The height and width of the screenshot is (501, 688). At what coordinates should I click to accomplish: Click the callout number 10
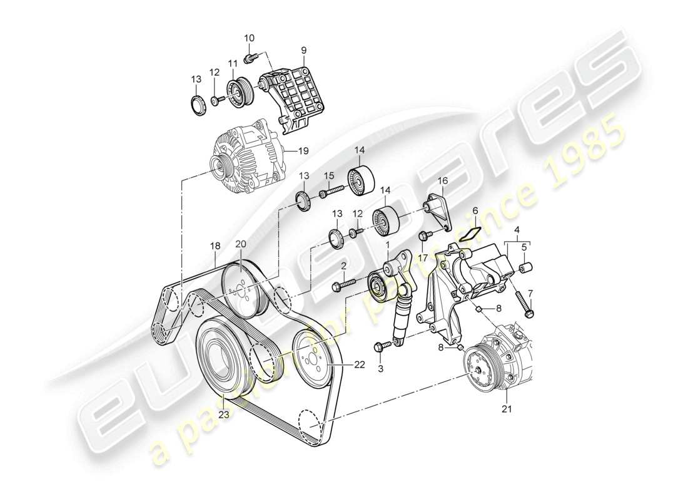249,38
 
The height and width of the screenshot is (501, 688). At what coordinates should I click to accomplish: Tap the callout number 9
304,50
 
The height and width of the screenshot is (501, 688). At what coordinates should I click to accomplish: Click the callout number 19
303,150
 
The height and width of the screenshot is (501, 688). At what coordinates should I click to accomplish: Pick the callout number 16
443,181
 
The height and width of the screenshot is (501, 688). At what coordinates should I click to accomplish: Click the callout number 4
517,230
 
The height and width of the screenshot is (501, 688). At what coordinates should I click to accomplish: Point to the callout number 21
507,410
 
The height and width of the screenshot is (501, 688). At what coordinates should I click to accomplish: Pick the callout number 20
241,244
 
